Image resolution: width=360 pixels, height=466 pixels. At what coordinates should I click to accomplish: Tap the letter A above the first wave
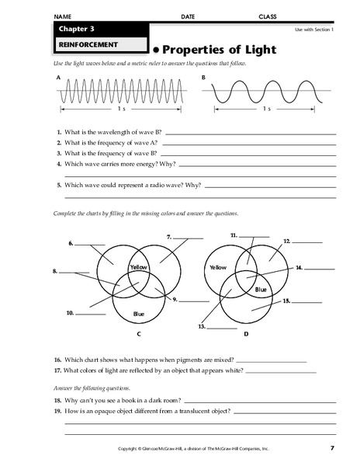tap(59, 78)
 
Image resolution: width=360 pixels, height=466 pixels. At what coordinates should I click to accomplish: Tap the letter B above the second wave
tap(204, 78)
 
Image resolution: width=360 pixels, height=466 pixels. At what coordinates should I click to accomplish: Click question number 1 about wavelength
tap(59, 133)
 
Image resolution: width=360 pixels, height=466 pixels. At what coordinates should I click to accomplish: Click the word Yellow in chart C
tap(139, 267)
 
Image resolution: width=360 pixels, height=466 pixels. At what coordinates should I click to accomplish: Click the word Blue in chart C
tap(139, 314)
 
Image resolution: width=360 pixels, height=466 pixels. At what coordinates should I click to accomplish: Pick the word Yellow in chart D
tap(217, 267)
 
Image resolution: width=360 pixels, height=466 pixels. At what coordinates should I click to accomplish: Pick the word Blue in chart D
tap(261, 289)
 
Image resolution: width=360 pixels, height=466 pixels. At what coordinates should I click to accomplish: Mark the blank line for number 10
tap(90, 315)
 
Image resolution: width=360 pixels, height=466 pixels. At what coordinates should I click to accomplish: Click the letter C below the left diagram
tap(138, 334)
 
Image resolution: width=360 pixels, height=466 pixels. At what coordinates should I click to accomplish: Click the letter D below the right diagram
tap(246, 334)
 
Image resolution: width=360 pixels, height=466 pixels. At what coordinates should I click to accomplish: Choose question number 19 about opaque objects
tap(58, 410)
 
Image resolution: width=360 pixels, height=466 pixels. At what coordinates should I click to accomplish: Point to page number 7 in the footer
tap(331, 448)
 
